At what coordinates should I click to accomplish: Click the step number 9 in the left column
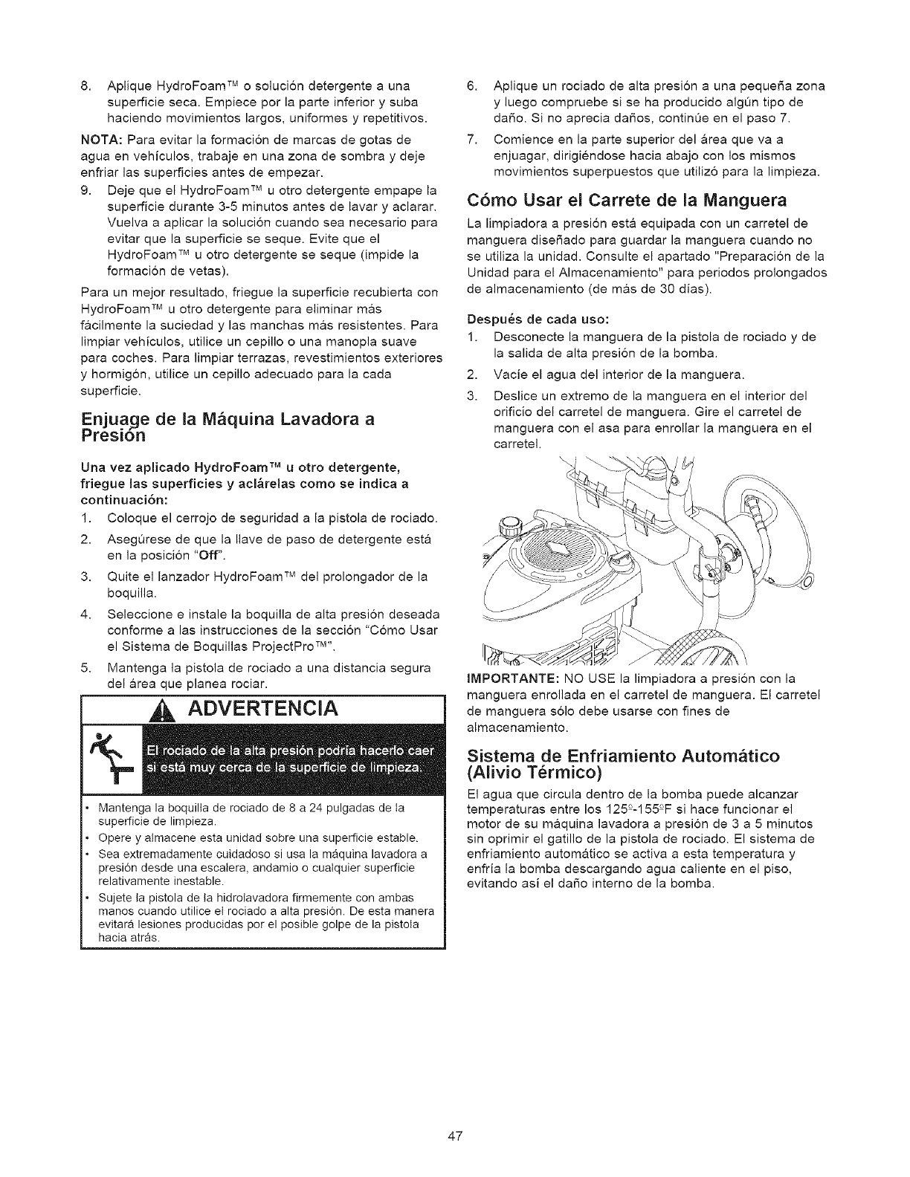coord(84,189)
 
